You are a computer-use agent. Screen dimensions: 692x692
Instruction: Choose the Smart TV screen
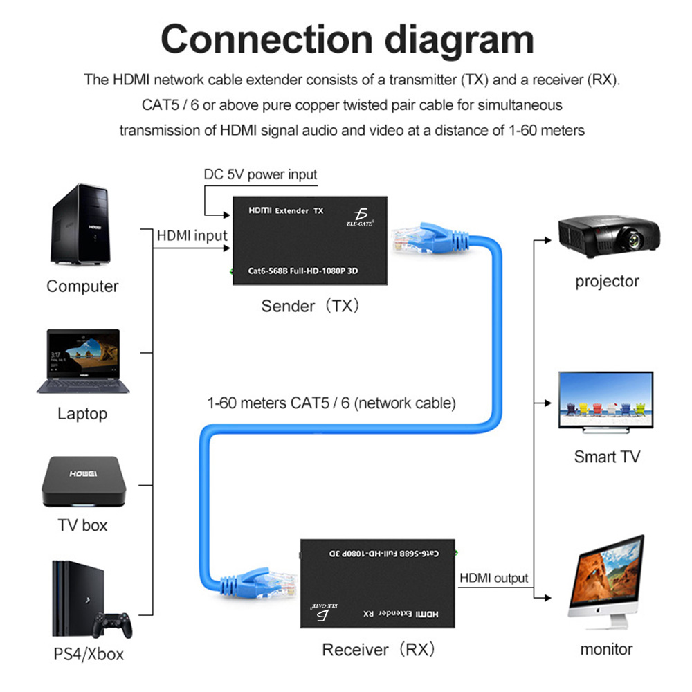pos(605,401)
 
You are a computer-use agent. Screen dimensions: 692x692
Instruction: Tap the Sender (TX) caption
pos(310,306)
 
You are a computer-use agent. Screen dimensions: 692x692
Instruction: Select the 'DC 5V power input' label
pos(260,174)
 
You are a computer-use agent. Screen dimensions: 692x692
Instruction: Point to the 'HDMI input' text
pos(192,236)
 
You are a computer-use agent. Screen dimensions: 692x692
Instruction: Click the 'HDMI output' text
pos(493,578)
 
